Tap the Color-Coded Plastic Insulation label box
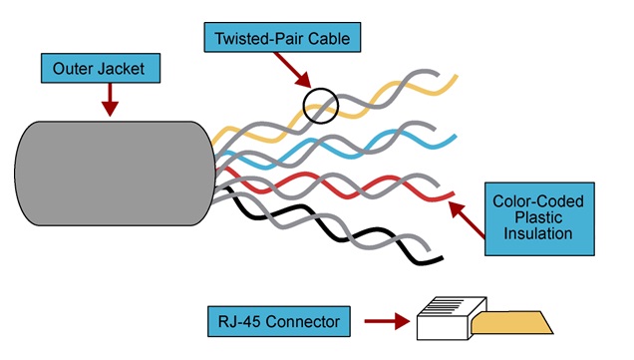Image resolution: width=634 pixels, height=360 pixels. pos(538,217)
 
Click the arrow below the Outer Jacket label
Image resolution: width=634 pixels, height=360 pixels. pos(110,99)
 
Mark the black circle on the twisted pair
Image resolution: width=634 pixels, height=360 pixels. pos(321,106)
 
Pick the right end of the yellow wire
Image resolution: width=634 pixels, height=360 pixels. pos(453,77)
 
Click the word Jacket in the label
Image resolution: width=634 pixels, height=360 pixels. pos(135,69)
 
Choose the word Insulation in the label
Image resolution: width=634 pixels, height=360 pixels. pos(538,235)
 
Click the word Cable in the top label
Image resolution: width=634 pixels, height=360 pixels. pos(328,40)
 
